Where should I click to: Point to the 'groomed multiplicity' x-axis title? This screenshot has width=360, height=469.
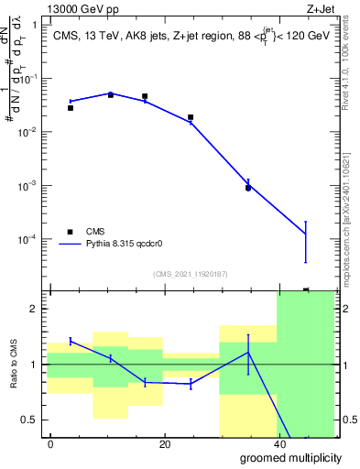point(284,457)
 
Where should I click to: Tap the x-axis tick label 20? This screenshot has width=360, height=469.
point(164,444)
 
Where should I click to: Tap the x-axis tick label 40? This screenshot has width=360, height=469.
point(278,444)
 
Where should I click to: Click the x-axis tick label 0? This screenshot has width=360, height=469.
point(50,444)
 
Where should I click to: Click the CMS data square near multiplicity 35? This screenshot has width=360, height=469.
point(248,188)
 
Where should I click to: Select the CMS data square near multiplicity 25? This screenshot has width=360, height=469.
point(191,117)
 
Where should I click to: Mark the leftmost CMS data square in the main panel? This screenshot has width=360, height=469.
point(71,108)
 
